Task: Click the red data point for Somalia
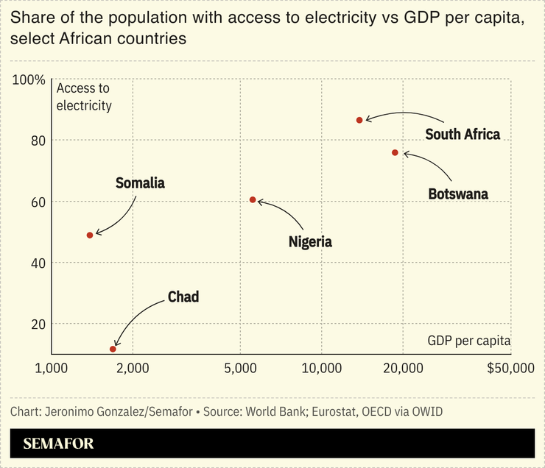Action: point(90,235)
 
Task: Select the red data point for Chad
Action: point(113,349)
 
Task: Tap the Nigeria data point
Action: point(253,199)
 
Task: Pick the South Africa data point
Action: point(359,120)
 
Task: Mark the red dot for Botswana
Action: point(395,152)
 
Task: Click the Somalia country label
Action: point(140,183)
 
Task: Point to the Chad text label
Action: point(183,297)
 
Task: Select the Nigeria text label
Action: point(310,241)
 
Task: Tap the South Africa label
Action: point(463,134)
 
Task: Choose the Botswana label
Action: point(458,194)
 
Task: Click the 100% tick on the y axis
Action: point(29,79)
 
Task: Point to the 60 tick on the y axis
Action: point(37,202)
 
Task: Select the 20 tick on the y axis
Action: point(37,324)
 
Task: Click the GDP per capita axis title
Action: point(468,341)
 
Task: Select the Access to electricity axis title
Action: point(84,96)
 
